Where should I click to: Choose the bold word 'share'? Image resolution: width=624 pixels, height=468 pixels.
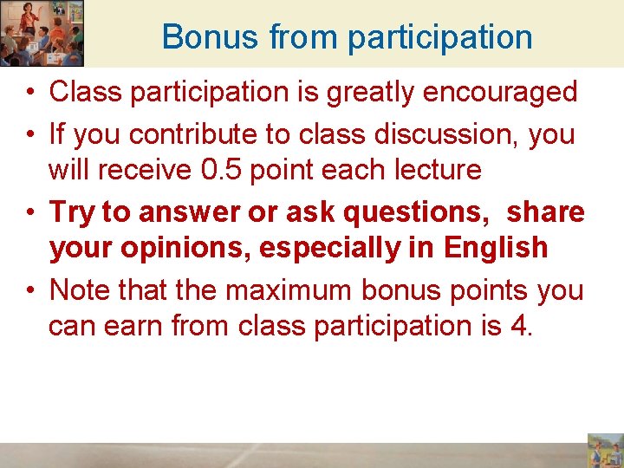point(546,213)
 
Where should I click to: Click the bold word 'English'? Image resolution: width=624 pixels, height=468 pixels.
point(496,248)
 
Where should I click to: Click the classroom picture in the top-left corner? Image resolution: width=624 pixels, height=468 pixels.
point(42,33)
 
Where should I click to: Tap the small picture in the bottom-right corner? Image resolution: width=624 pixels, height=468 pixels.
point(605,450)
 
